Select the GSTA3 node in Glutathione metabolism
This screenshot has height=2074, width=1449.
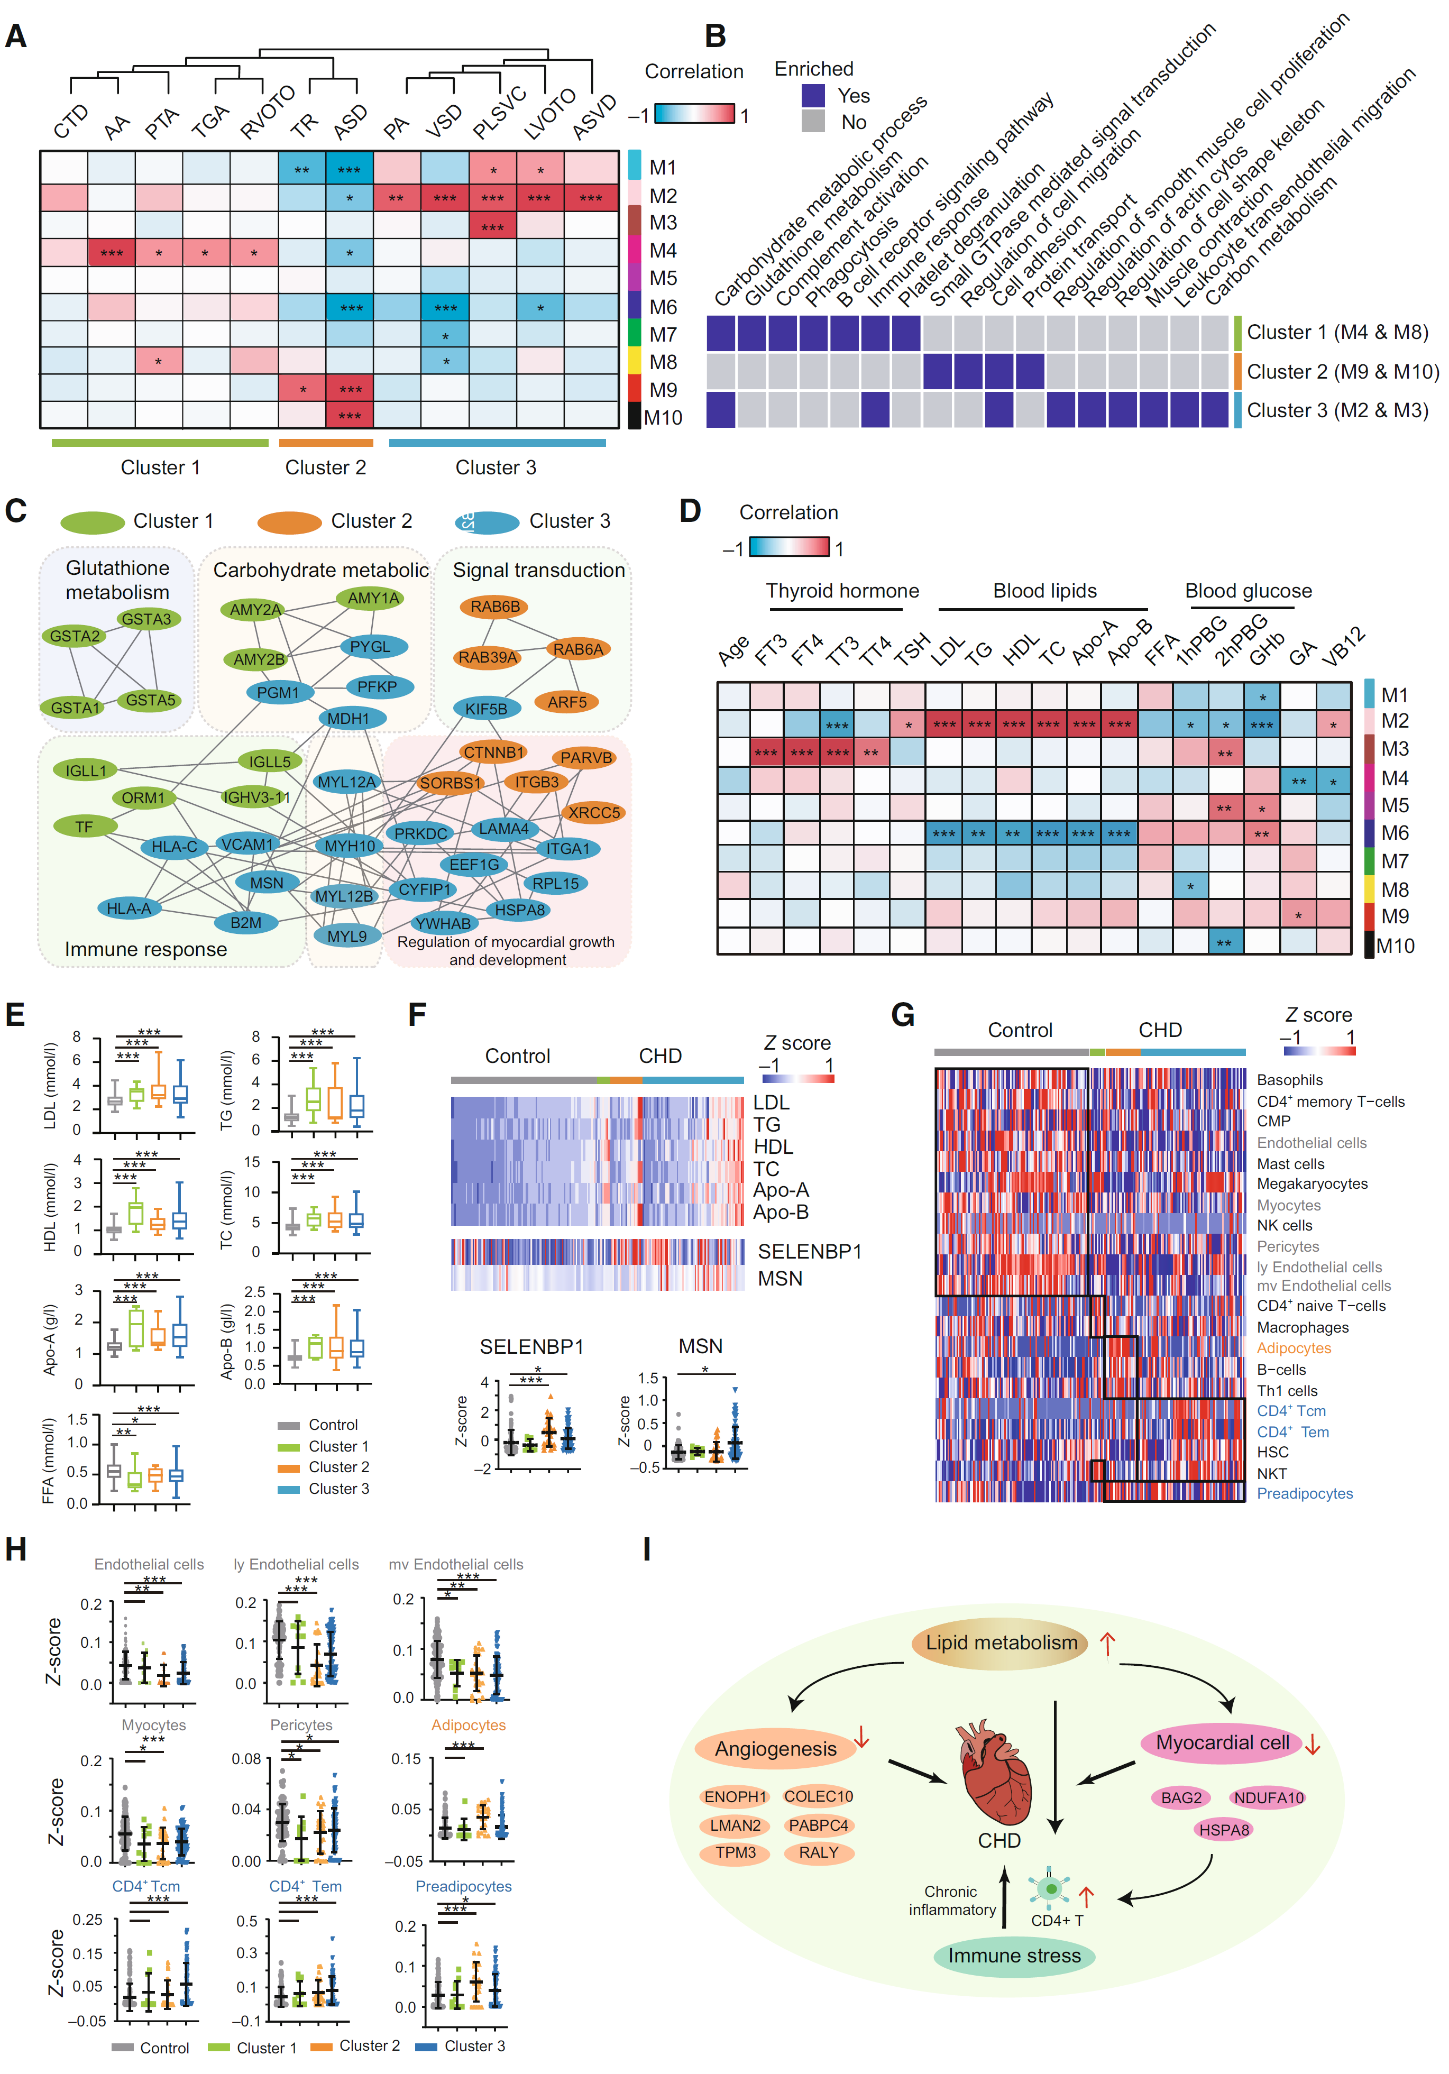click(146, 619)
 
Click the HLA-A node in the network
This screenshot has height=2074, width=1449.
click(129, 908)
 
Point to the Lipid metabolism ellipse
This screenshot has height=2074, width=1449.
click(1001, 1642)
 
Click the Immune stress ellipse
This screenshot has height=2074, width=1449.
click(1014, 1956)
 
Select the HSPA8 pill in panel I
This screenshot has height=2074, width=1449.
click(1224, 1830)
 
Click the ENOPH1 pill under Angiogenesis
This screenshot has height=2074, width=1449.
click(735, 1797)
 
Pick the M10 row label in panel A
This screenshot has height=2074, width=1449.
click(663, 417)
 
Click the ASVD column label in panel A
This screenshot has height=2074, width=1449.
click(594, 117)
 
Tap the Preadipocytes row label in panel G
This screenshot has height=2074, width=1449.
click(1305, 1493)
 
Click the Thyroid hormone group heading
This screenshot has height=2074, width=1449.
click(842, 591)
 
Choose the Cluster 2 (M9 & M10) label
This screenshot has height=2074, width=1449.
click(1342, 371)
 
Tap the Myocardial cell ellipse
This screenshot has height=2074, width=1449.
click(1222, 1742)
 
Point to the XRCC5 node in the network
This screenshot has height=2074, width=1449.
click(593, 812)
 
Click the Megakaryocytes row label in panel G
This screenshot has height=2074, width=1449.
click(1312, 1183)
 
